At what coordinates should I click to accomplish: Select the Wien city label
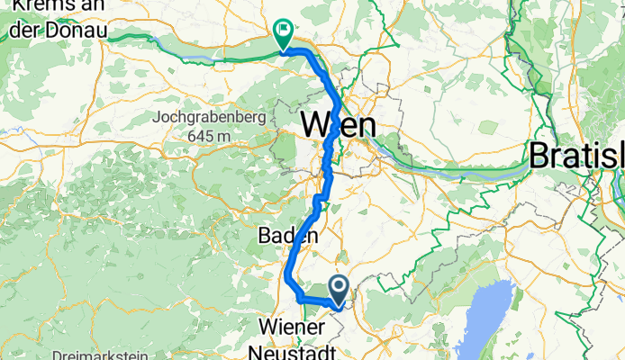point(338,124)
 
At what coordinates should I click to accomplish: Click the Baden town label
point(289,236)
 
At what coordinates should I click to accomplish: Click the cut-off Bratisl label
point(576,155)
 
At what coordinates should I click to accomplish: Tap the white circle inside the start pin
point(340,287)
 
